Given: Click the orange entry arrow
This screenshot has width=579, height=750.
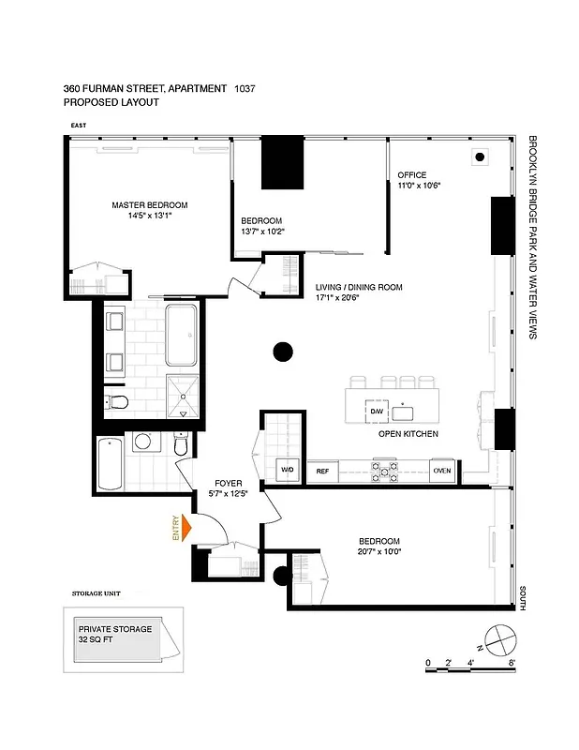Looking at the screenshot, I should tap(186, 528).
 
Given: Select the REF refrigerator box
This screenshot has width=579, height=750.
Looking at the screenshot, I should tap(322, 472).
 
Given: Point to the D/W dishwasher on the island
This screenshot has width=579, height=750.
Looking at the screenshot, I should tap(377, 412).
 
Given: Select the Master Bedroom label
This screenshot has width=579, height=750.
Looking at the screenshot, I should tap(150, 205).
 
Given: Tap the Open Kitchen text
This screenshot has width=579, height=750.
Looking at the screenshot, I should tap(408, 435).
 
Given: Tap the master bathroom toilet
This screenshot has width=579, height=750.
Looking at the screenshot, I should tap(117, 404).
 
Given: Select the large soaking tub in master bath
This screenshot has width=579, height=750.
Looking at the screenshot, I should tap(182, 335).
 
